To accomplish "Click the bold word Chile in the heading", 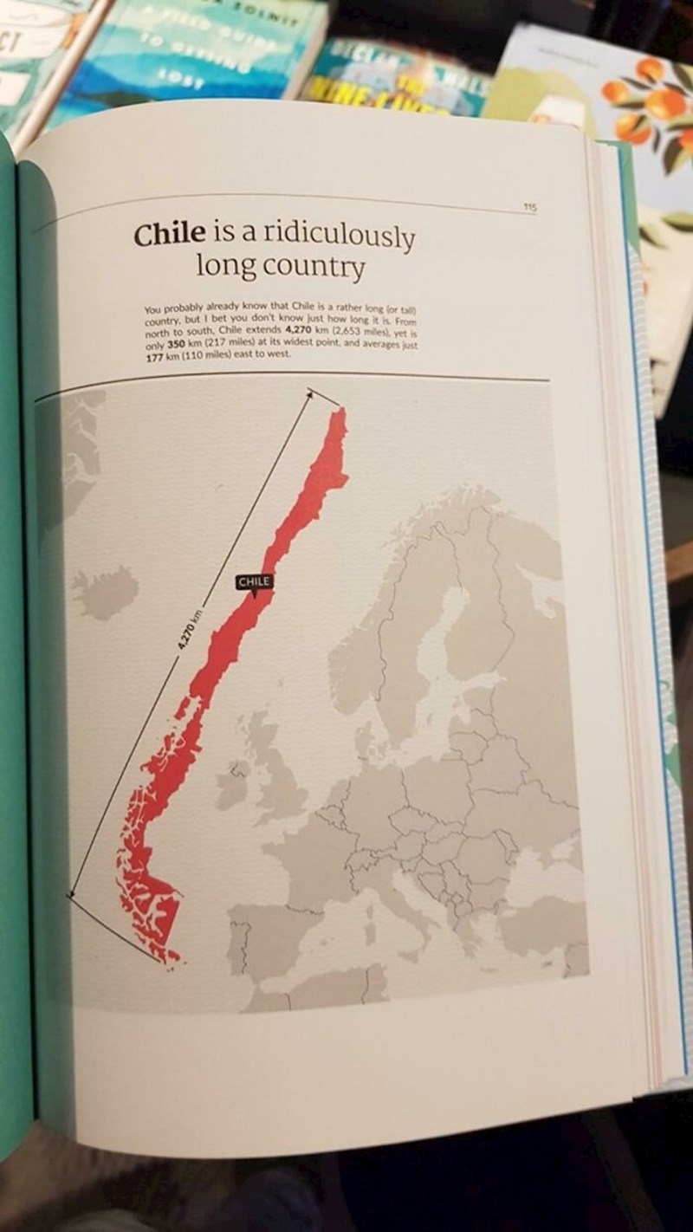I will (x=169, y=233).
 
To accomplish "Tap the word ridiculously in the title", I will (x=339, y=237).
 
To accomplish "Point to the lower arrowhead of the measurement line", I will (x=72, y=893).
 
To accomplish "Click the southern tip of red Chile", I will (x=173, y=958).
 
